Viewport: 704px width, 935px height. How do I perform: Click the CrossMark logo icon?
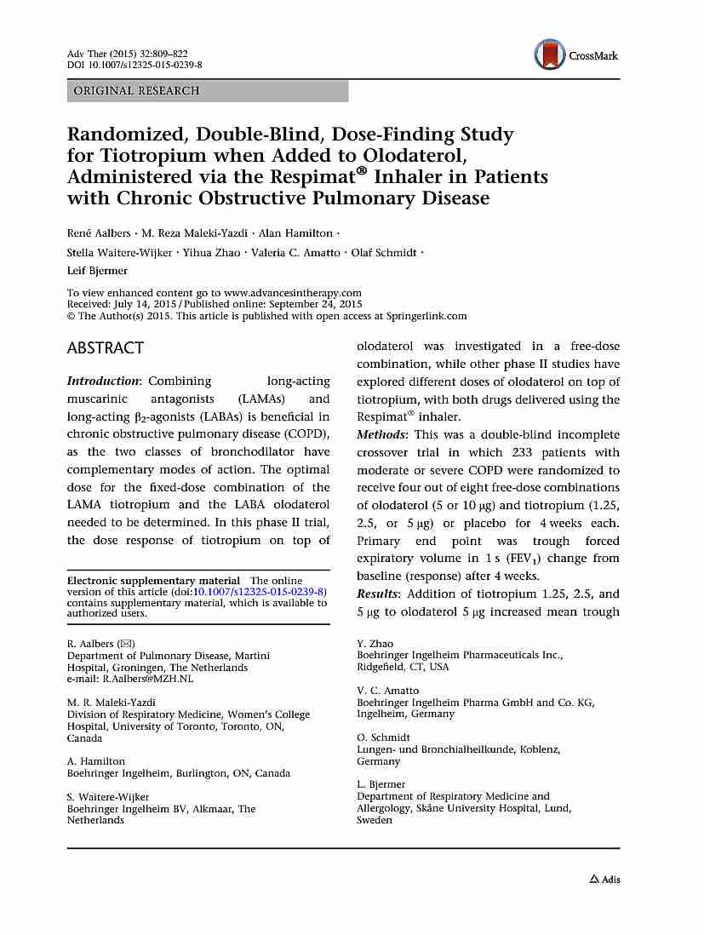click(549, 55)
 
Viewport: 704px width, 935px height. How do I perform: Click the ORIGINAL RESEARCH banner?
click(137, 90)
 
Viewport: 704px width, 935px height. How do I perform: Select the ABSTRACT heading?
click(106, 347)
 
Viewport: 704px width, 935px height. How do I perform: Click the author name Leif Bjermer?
click(99, 270)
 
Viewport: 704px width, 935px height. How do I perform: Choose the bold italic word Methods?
click(381, 434)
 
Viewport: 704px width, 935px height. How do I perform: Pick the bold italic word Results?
click(379, 594)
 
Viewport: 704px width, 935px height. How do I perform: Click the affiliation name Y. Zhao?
click(375, 644)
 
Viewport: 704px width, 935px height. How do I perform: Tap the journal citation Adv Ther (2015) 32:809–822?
click(128, 54)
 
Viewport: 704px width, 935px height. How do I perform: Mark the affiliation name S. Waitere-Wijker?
click(108, 797)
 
